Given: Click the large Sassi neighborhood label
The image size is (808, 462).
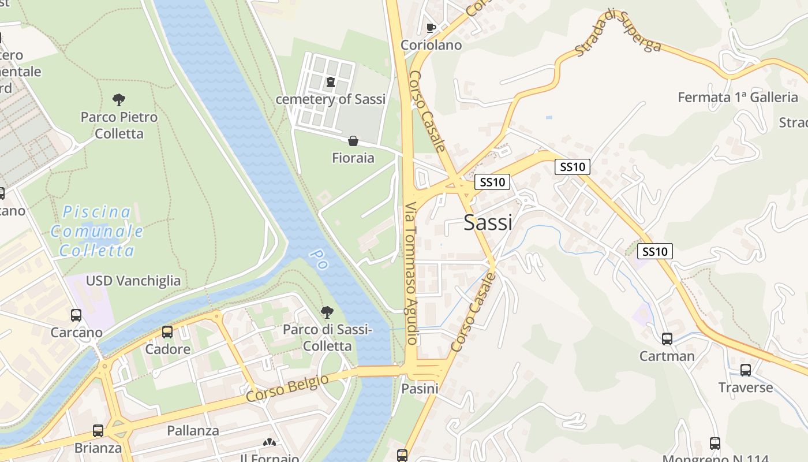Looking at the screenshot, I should (488, 222).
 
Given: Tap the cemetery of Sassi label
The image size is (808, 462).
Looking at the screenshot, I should (330, 99).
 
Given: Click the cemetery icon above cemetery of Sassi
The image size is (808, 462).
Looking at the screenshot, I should (330, 82).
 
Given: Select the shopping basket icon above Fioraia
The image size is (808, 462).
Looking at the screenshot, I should (353, 141).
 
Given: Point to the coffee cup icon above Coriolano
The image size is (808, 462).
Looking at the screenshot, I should (431, 28).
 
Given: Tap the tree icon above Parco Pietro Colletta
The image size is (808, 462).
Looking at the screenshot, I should (119, 100).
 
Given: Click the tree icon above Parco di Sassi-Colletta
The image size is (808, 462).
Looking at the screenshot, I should (327, 312).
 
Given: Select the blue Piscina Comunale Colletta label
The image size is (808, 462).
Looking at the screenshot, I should (97, 231).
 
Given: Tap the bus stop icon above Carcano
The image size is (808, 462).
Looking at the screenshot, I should (76, 315).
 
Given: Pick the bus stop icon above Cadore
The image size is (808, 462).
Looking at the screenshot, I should (167, 332).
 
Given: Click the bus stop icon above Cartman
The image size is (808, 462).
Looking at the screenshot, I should (667, 339).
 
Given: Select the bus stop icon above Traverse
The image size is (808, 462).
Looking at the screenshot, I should (746, 370).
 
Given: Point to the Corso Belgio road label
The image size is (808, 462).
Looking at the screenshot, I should (287, 389).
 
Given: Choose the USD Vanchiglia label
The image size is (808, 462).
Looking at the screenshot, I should (133, 281).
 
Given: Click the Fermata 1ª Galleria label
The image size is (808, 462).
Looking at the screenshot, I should (738, 97).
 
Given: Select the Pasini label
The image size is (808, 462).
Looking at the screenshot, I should (420, 389).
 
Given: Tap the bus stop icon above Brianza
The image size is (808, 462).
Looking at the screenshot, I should (98, 431).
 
